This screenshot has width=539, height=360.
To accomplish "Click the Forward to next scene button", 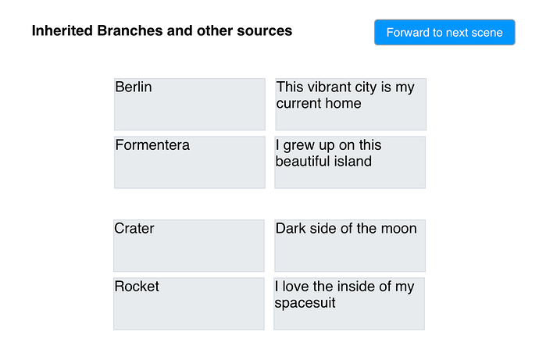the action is (444, 32).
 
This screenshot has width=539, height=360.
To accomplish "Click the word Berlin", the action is (134, 87).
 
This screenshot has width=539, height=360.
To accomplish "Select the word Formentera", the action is (152, 145).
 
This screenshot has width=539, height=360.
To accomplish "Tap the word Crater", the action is (134, 229).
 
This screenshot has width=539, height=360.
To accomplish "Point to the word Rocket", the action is (137, 287).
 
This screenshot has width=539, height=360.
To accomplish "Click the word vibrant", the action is (329, 87).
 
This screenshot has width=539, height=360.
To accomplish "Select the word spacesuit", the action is (305, 303).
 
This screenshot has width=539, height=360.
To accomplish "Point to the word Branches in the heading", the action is (130, 30).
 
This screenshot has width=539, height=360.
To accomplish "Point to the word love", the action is (295, 287).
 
